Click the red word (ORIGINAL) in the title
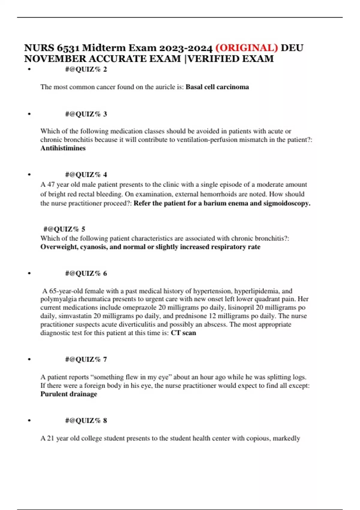(247, 48)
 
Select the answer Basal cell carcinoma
(217, 87)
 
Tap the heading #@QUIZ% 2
(86, 69)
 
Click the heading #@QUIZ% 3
(86, 114)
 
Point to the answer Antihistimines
(63, 148)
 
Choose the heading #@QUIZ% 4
(86, 175)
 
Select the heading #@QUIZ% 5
(64, 229)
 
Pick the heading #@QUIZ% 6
(86, 273)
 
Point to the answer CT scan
(183, 333)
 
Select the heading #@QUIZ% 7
(86, 359)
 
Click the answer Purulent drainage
(69, 394)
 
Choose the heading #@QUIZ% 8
(86, 421)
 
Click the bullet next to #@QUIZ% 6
(29, 273)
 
